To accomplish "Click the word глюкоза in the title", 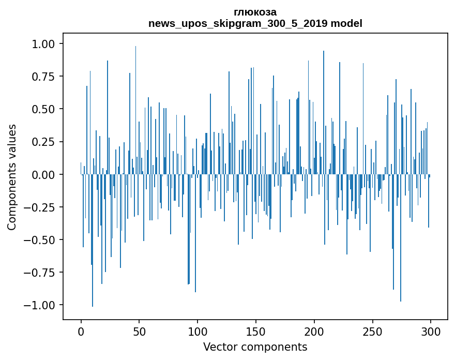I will [255, 12].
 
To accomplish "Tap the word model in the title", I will [348, 23].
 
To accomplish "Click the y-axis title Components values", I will [12, 177].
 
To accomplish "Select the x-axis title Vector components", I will [255, 347].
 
